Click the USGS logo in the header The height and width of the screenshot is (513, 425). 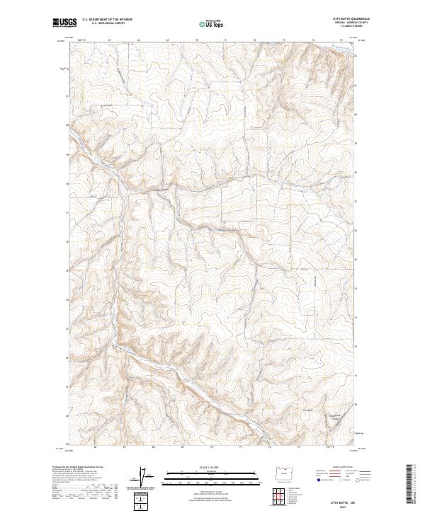click(64, 23)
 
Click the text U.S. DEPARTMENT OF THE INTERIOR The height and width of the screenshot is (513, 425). click(106, 20)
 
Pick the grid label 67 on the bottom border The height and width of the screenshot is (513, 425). click(124, 447)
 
